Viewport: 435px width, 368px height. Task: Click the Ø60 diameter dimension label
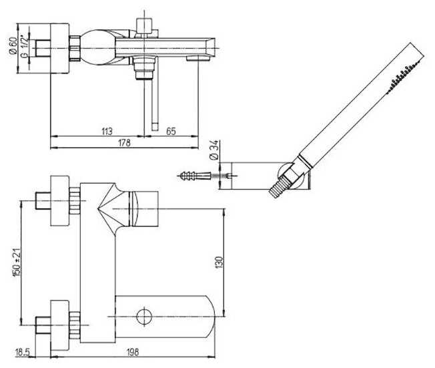click(13, 46)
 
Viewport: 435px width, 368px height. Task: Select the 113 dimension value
click(107, 131)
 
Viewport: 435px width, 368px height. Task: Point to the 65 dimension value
click(171, 131)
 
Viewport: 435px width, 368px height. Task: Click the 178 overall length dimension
click(124, 143)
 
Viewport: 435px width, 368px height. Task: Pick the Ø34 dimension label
click(214, 150)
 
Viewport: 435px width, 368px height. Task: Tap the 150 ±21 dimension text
click(17, 262)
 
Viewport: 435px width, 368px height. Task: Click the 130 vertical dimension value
click(219, 262)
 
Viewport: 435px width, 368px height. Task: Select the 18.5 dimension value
click(23, 353)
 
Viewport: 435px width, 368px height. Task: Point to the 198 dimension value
click(132, 352)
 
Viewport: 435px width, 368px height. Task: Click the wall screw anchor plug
click(194, 176)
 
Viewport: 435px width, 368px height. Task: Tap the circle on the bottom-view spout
click(145, 317)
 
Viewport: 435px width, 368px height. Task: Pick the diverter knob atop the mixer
click(144, 26)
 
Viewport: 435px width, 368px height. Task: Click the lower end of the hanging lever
click(155, 128)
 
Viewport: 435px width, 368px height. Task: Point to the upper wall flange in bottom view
click(59, 201)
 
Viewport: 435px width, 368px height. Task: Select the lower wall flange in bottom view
click(59, 325)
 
